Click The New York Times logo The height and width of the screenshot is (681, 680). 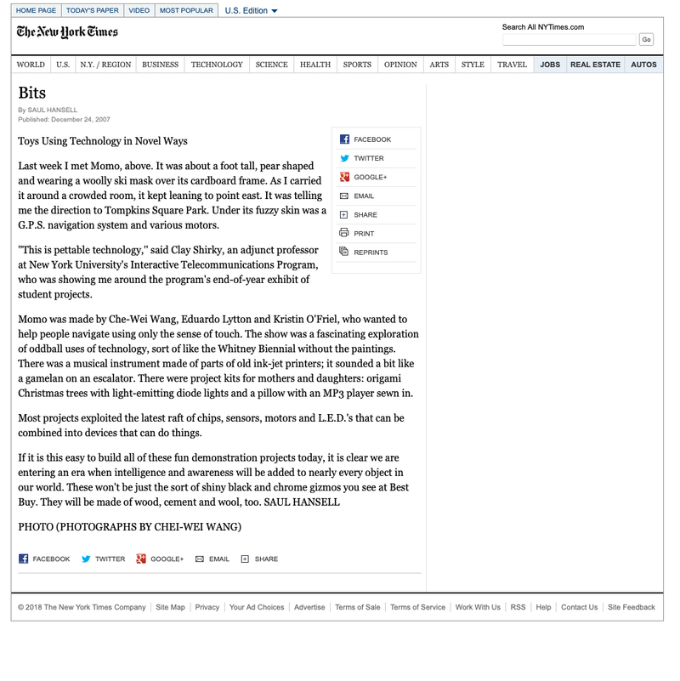pyautogui.click(x=67, y=32)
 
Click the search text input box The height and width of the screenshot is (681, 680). pyautogui.click(x=569, y=40)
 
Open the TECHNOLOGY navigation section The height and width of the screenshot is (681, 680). pyautogui.click(x=217, y=65)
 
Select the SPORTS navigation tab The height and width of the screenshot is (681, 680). pyautogui.click(x=357, y=65)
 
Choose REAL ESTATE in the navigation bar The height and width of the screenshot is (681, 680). pyautogui.click(x=595, y=65)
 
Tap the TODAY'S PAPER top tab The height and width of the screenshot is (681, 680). pyautogui.click(x=93, y=10)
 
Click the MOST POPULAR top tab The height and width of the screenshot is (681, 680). pyautogui.click(x=186, y=10)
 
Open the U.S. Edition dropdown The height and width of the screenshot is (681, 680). pyautogui.click(x=251, y=11)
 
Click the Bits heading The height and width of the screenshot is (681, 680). pyautogui.click(x=32, y=93)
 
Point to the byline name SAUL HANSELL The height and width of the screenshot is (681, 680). pyautogui.click(x=53, y=111)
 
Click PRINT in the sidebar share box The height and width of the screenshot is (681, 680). pyautogui.click(x=364, y=234)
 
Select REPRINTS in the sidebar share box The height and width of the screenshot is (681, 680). pyautogui.click(x=371, y=253)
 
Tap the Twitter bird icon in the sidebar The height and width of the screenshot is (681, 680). pyautogui.click(x=344, y=158)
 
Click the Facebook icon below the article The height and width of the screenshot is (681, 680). pyautogui.click(x=24, y=559)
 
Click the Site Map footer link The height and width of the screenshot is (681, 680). pyautogui.click(x=170, y=607)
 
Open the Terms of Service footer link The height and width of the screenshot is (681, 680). pyautogui.click(x=417, y=607)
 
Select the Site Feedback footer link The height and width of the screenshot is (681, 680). pyautogui.click(x=631, y=607)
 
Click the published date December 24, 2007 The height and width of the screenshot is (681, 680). pyautogui.click(x=80, y=120)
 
